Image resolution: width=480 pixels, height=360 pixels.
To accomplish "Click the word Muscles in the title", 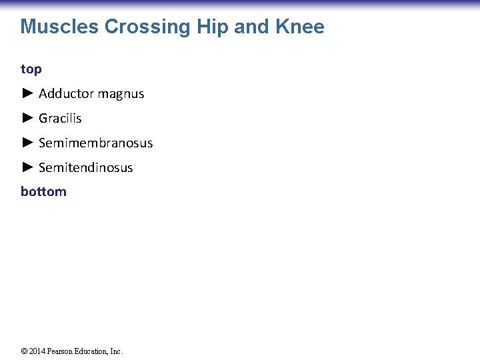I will point(59,27).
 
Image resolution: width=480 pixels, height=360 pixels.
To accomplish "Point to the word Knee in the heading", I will point(299,27).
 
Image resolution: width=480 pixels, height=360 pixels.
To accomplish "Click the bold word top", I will point(31,69).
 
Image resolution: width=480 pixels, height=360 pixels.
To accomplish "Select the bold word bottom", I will point(43,192).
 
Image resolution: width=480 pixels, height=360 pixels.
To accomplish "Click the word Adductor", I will point(65,94).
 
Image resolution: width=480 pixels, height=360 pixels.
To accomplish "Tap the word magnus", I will point(120,94).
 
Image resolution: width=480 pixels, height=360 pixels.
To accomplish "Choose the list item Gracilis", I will point(60,119).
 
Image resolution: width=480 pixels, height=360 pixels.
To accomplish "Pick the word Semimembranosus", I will point(95,143).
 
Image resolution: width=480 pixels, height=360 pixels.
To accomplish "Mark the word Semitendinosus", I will point(85,168).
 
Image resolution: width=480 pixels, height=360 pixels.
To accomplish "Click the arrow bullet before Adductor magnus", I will point(27,94).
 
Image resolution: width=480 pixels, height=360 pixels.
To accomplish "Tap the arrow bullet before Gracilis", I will point(27,119).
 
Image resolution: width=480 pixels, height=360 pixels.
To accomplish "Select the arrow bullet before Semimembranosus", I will point(27,143).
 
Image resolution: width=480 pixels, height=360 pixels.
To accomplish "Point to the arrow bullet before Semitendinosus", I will point(27,167).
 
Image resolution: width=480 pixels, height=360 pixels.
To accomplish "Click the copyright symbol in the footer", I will point(24,351).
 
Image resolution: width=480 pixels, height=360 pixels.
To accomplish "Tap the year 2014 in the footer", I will point(37,351).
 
